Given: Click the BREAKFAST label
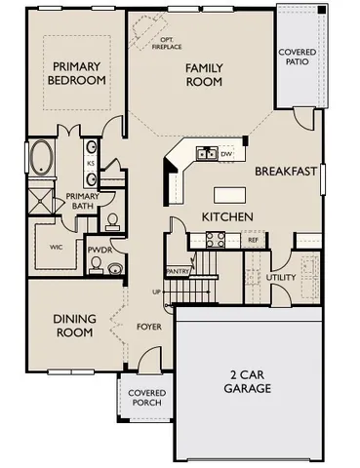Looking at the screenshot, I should pyautogui.click(x=286, y=171).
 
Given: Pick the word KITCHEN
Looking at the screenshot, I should pyautogui.click(x=227, y=215).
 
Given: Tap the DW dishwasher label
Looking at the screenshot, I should pyautogui.click(x=225, y=154).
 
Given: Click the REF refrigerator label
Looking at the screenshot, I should pyautogui.click(x=253, y=239).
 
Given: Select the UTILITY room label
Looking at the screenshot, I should pyautogui.click(x=280, y=278).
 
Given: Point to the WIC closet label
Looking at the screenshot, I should pyautogui.click(x=57, y=248).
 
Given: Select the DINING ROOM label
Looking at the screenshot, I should pyautogui.click(x=73, y=326).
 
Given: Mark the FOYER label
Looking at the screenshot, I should pyautogui.click(x=149, y=328).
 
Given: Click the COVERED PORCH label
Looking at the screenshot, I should pyautogui.click(x=143, y=400).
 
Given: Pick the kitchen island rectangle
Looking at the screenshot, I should pyautogui.click(x=230, y=192).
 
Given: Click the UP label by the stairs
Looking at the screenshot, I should pyautogui.click(x=156, y=292).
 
